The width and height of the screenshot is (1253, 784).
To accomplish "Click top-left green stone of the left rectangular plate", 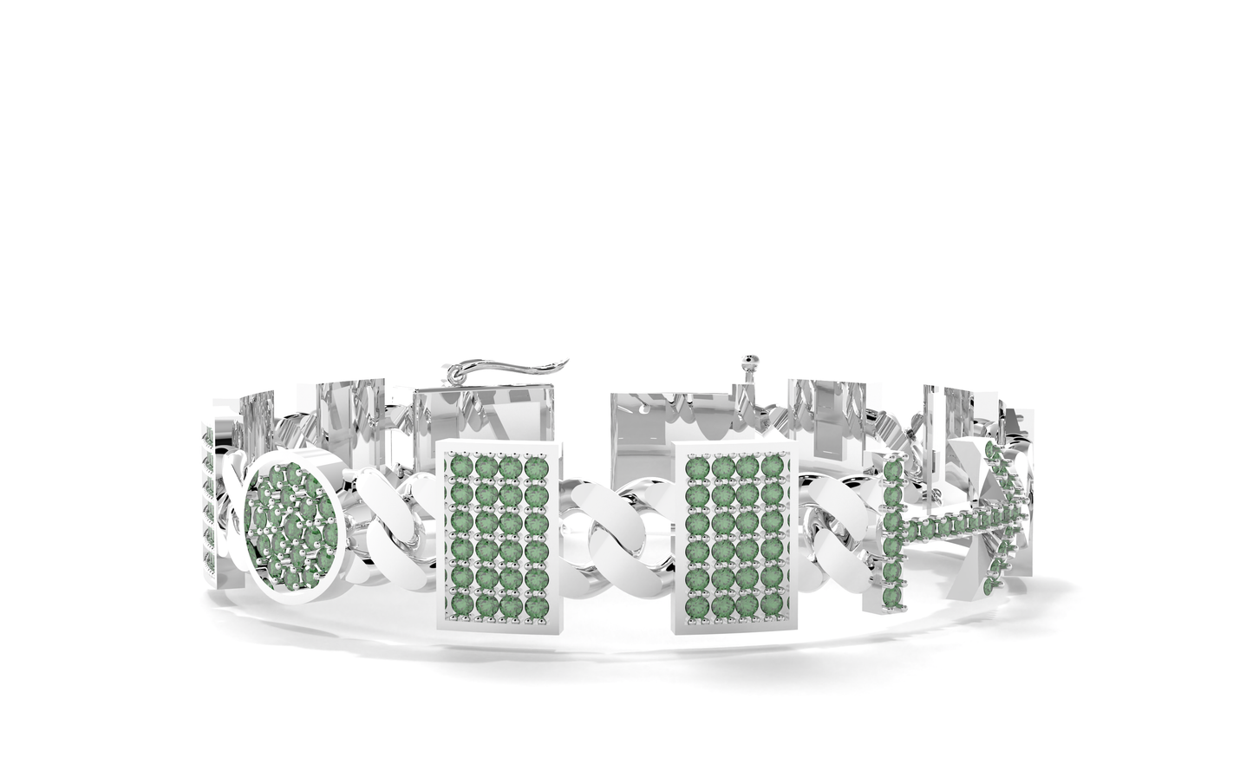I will (460, 467).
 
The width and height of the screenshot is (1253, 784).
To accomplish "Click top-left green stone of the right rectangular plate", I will (695, 467).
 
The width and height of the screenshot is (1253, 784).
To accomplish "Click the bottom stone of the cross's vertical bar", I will (891, 598).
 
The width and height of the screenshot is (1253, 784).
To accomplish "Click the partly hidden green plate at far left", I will (208, 503).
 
